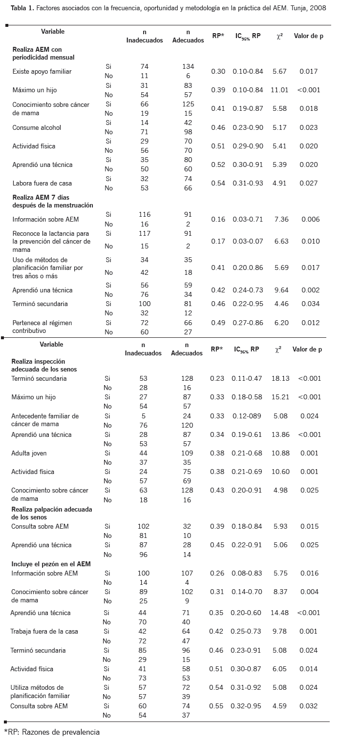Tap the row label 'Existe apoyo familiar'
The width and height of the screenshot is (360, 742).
pos(42,71)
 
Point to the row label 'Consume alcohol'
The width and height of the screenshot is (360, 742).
pos(37,127)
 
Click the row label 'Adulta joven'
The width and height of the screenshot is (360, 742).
pos(29,453)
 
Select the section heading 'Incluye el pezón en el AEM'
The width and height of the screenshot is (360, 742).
pos(51,564)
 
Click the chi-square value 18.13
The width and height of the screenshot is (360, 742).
pos(279,378)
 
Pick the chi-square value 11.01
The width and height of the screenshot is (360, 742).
pos(280,90)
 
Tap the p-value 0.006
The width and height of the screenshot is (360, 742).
pos(309,219)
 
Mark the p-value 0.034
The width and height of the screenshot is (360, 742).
pos(309,304)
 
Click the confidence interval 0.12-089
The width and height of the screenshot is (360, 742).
pos(247,416)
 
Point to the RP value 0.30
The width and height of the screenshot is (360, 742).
pos(218,71)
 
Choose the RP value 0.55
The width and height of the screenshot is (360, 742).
pos(216,706)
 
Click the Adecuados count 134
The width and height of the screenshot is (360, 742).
pos(188,66)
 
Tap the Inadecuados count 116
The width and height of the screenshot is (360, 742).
pos(145,214)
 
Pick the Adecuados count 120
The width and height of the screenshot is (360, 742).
pos(187,425)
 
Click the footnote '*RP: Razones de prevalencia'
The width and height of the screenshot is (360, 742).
pos(52,732)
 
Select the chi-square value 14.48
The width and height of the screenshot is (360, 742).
pos(279,613)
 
